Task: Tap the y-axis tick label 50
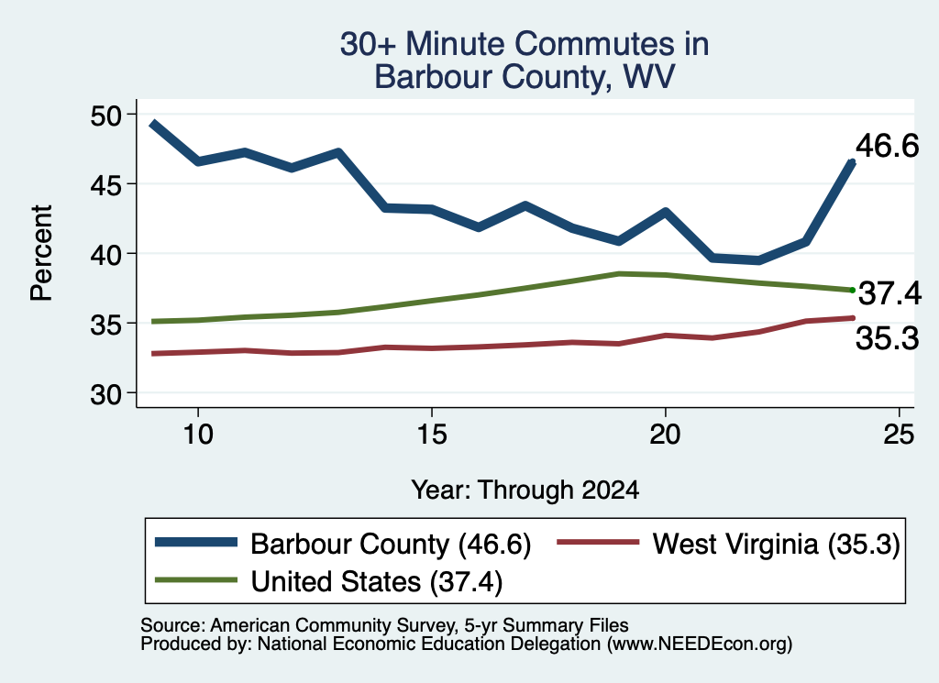coord(106,116)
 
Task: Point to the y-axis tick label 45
coord(106,185)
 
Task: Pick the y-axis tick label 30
coord(106,394)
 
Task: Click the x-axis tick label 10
coord(198,434)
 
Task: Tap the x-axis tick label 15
coord(432,434)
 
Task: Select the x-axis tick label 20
coord(666,434)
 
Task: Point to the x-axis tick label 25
coord(899,434)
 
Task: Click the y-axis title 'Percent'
coord(41,253)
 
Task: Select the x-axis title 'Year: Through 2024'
coord(525,490)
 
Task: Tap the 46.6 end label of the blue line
coord(887,146)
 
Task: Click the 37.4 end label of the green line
coord(889,294)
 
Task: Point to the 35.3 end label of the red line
coord(887,339)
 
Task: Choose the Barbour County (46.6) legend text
coord(391,545)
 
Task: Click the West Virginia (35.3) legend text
coord(777,545)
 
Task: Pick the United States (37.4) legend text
coord(377,582)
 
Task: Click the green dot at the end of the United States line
coord(852,291)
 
